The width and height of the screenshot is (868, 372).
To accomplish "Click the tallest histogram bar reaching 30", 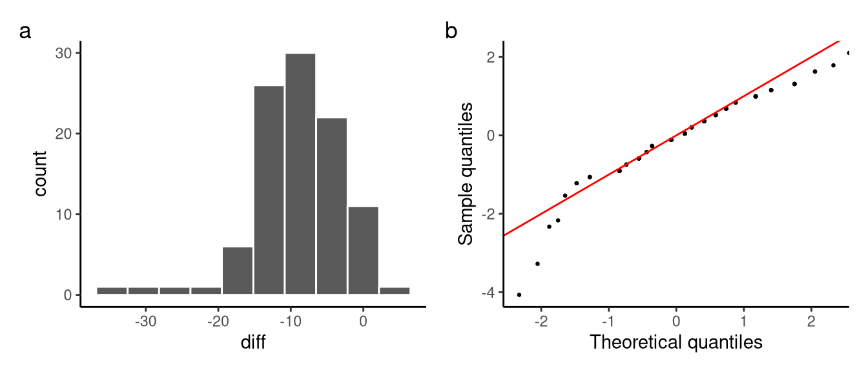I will click(x=300, y=174).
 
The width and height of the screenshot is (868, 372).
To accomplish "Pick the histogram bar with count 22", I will click(x=331, y=206).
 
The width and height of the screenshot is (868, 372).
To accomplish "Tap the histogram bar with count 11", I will click(x=363, y=251).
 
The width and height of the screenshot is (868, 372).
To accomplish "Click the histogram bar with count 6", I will click(x=238, y=271).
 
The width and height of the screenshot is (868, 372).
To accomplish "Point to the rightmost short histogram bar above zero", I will click(x=395, y=291).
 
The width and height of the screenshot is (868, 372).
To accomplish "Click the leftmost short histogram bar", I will click(x=112, y=291).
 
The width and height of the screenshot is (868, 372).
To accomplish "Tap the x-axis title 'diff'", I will click(x=253, y=342).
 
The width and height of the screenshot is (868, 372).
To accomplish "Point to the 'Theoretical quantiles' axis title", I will click(x=676, y=342).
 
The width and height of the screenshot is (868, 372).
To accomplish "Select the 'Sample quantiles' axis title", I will click(x=466, y=174).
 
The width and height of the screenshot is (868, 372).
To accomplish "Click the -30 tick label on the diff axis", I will click(x=146, y=321).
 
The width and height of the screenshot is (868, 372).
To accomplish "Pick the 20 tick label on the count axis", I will click(x=63, y=134).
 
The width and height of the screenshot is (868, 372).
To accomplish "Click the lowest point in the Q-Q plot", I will click(x=519, y=294).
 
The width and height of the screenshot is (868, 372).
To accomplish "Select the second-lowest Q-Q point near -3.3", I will click(x=537, y=263).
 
